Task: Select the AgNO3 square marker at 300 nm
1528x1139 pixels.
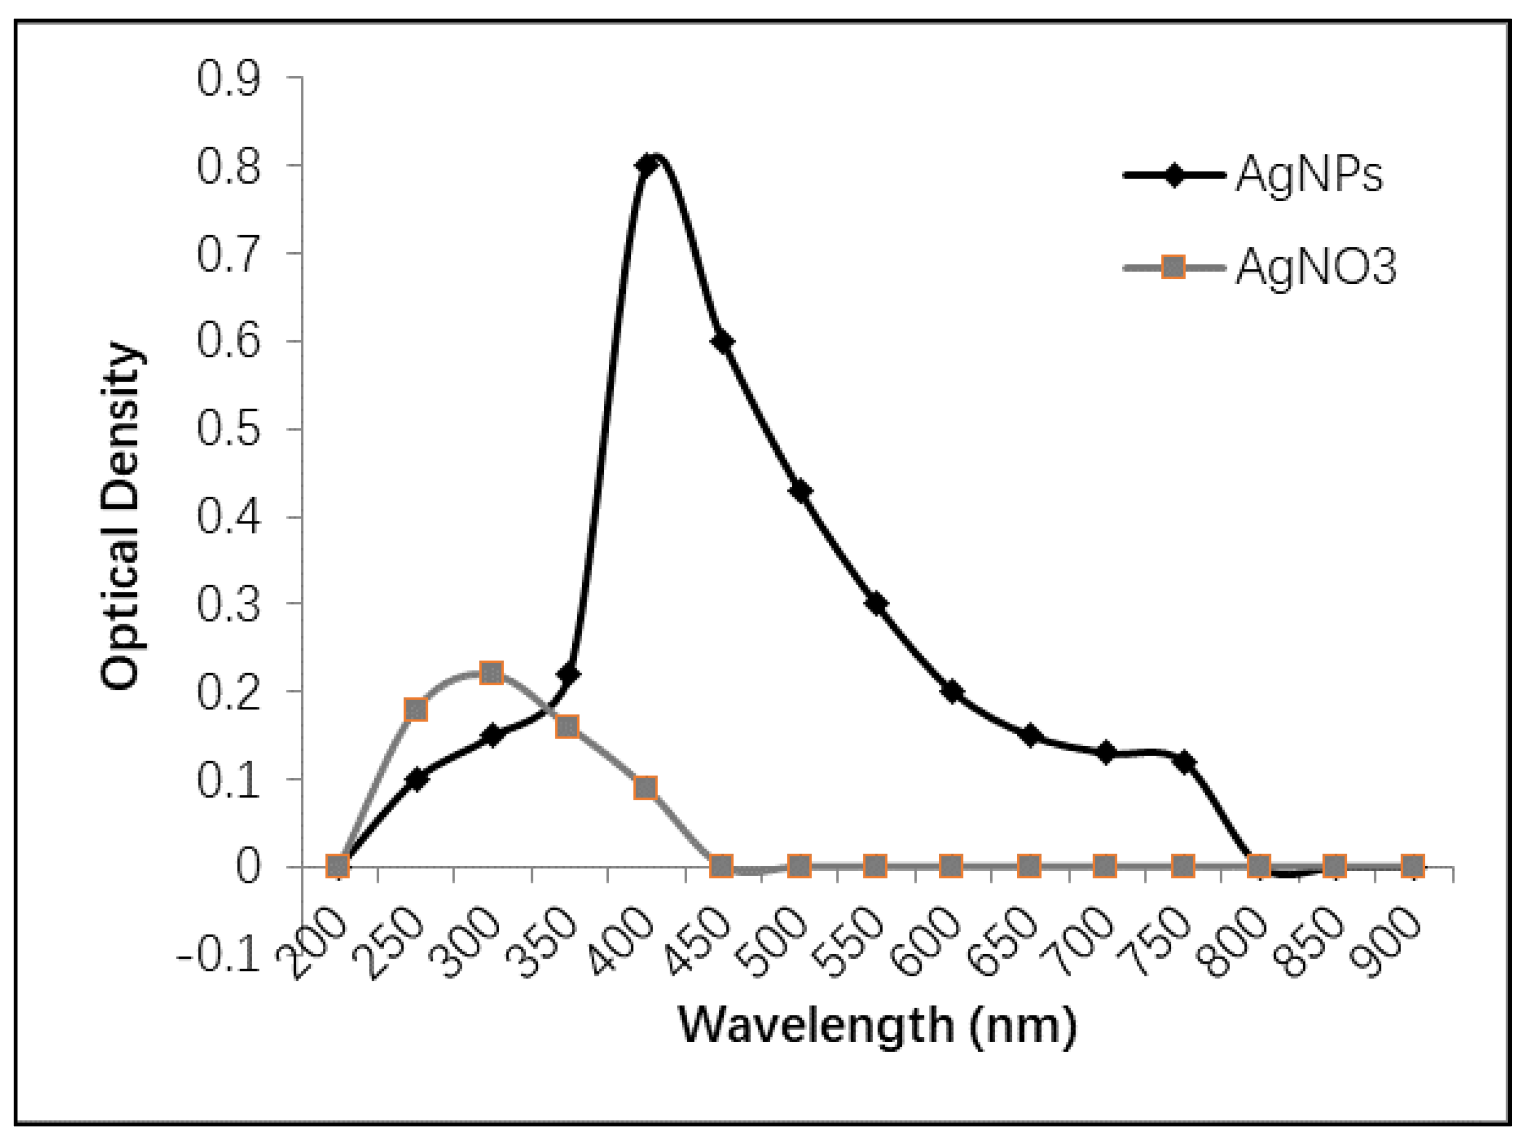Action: (491, 672)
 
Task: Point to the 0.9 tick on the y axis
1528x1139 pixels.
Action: (228, 78)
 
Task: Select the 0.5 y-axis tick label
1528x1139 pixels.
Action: (228, 429)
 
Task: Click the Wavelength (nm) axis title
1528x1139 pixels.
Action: (877, 1025)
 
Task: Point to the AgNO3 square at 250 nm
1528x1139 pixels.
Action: (416, 710)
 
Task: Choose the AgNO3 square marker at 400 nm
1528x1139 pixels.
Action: (644, 787)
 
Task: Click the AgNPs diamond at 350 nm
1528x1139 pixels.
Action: (568, 673)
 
